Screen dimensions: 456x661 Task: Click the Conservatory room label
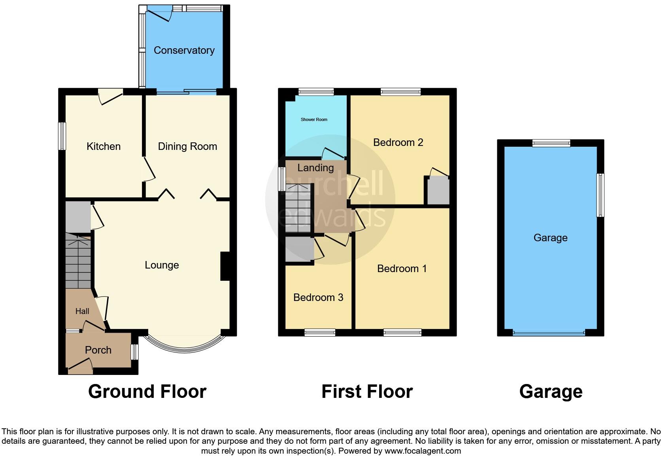click(x=184, y=50)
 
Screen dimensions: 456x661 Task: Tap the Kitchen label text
click(x=103, y=146)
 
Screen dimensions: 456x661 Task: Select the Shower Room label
click(x=314, y=119)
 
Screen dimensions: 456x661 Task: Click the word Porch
click(x=98, y=350)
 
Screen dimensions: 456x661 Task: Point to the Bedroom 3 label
click(x=318, y=297)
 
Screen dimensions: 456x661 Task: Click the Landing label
click(x=315, y=168)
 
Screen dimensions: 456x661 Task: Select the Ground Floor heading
click(x=147, y=392)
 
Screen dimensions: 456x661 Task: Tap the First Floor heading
click(x=367, y=392)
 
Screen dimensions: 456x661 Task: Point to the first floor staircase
click(x=298, y=210)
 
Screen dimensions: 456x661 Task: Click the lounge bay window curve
click(x=184, y=348)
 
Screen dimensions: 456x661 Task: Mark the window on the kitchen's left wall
click(x=62, y=136)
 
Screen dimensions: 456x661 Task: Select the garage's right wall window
click(x=600, y=195)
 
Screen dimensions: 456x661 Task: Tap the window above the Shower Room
click(x=315, y=92)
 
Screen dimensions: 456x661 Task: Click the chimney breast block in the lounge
click(x=225, y=266)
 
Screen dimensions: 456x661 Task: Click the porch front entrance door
click(x=81, y=366)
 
